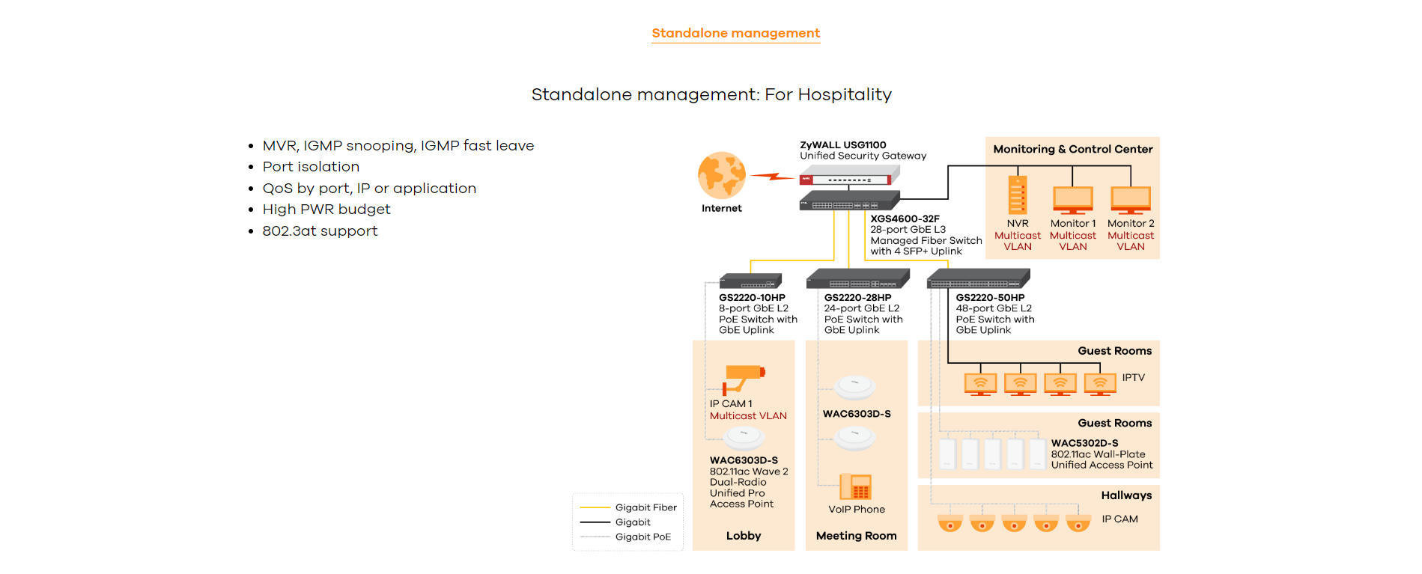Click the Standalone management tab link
[x=735, y=33]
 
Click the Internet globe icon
[x=721, y=176]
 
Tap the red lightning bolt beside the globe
[x=772, y=177]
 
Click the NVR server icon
[x=1017, y=195]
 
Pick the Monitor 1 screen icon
[x=1072, y=199]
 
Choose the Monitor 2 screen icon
[x=1130, y=199]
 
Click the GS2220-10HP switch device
[x=750, y=281]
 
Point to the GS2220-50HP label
[x=990, y=298]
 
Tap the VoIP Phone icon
[x=855, y=486]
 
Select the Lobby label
[x=743, y=536]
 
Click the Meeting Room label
[x=856, y=536]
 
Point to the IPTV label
[x=1133, y=378]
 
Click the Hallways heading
[x=1126, y=495]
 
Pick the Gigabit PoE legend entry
[x=642, y=537]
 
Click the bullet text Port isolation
[x=311, y=167]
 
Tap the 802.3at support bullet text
[x=320, y=231]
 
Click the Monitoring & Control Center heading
[x=1072, y=149]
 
